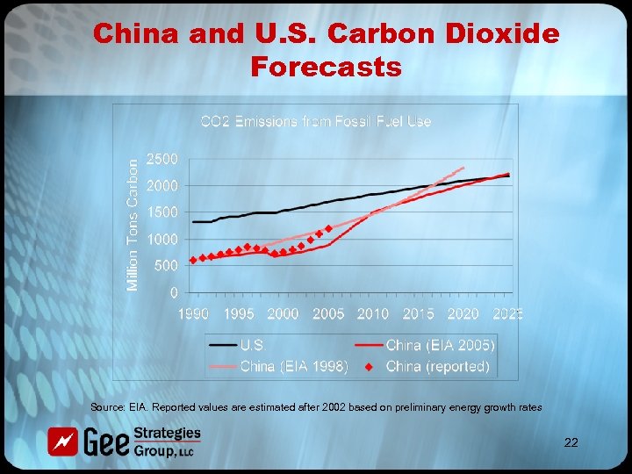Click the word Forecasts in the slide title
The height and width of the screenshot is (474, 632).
[326, 66]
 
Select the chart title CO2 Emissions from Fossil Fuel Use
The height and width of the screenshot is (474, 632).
[316, 121]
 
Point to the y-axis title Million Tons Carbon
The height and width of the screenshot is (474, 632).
[133, 225]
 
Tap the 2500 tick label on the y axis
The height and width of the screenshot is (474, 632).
[162, 159]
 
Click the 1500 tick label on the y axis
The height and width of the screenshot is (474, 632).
[162, 212]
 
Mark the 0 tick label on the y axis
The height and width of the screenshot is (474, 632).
[174, 292]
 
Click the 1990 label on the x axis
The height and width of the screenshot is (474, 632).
[192, 313]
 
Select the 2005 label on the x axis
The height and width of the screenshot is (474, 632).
[327, 313]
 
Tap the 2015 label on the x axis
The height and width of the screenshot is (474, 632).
[418, 313]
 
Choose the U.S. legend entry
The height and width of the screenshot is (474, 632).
[254, 346]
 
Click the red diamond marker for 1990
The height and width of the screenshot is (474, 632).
[193, 260]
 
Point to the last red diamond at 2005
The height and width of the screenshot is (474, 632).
[328, 229]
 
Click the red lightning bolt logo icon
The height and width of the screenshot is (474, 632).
[63, 440]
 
